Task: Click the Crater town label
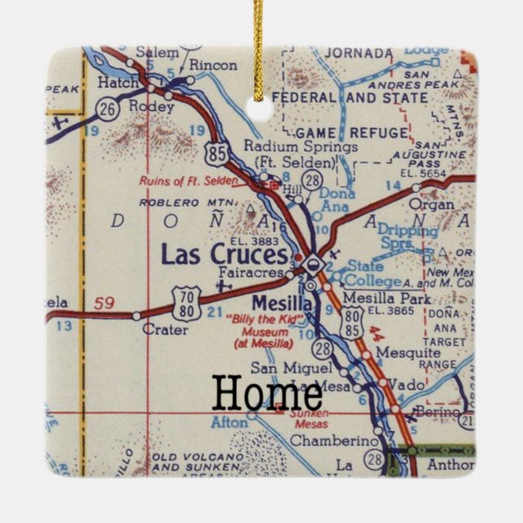pos(159,330)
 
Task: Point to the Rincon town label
pos(207,68)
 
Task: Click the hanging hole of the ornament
pos(260,110)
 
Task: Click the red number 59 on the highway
pos(103,304)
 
